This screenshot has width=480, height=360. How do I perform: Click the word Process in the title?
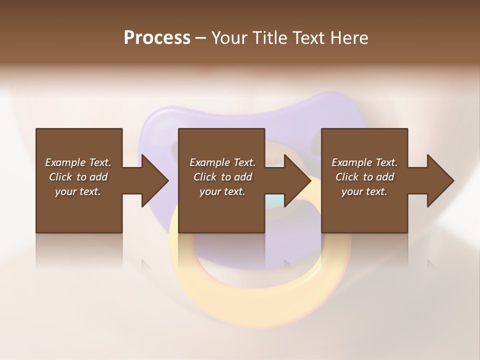(x=157, y=38)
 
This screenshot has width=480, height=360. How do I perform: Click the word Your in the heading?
(x=229, y=38)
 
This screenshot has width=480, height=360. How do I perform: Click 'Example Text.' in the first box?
(x=78, y=162)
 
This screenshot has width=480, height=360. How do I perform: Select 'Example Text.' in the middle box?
(x=222, y=162)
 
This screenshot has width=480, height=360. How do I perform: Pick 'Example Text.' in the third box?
(x=364, y=162)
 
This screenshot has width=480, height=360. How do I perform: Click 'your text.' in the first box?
(x=78, y=191)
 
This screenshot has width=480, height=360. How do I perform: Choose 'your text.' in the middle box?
(x=222, y=191)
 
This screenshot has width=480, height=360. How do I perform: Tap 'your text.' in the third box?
(x=364, y=191)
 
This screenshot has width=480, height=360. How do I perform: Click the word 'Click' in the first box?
(x=60, y=177)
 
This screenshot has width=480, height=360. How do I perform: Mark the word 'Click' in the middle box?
(x=205, y=177)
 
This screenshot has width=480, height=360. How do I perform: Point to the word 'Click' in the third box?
(x=347, y=177)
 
